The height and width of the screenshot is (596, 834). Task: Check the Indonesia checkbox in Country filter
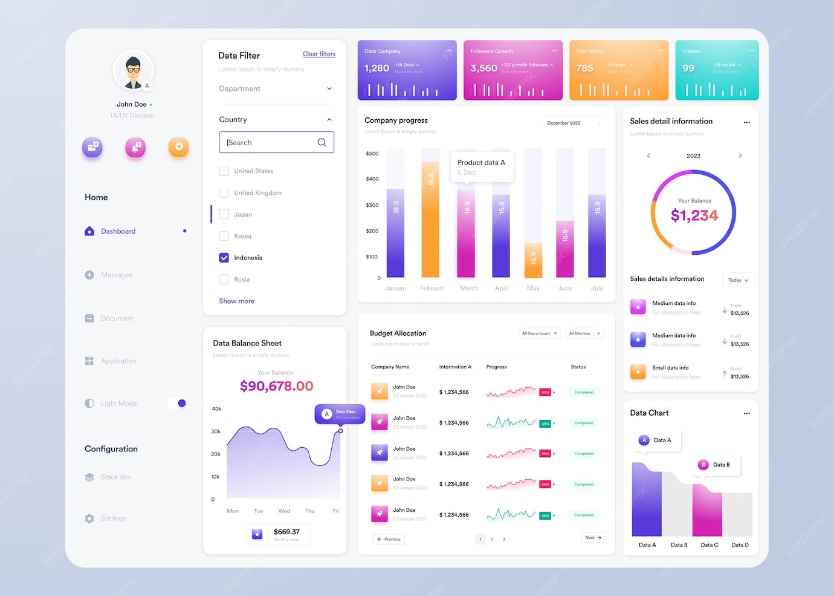tap(224, 258)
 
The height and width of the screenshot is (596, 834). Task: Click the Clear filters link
tap(318, 54)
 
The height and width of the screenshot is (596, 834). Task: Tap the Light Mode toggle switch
tap(177, 403)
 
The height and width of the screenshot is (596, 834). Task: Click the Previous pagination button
tap(389, 539)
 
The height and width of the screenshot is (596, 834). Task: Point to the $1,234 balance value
tap(694, 215)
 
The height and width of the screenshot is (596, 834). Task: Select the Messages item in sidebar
tap(116, 275)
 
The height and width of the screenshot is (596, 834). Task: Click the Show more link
tap(236, 301)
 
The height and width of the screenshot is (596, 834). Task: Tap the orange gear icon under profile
tap(178, 147)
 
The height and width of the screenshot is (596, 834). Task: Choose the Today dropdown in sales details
tap(738, 280)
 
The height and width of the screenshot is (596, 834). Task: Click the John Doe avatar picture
tap(133, 71)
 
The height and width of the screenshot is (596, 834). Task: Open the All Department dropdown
tap(540, 333)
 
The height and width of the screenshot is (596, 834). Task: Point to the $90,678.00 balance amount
tap(276, 386)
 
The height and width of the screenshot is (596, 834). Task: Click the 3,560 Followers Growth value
tap(483, 68)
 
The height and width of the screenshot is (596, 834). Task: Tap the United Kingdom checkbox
tap(224, 193)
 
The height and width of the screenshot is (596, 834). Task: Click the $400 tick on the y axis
tap(372, 179)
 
